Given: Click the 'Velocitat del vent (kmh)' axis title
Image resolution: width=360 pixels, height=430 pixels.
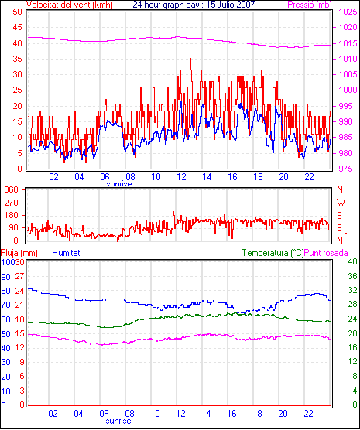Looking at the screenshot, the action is (70, 5).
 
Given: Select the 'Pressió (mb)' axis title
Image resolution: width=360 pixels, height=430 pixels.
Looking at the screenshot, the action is (310, 5).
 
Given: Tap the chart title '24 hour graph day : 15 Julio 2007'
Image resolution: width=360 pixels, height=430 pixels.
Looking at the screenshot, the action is (194, 5).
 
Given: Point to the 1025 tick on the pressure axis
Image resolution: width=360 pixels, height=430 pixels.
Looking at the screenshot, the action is (348, 12).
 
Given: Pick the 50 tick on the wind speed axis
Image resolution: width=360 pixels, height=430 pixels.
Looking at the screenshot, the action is (18, 12).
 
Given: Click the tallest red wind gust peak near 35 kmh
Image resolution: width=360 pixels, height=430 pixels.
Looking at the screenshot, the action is (190, 59).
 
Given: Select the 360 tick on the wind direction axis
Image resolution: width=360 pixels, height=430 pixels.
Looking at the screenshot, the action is (12, 189).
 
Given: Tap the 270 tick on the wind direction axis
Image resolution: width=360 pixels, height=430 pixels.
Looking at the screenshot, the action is (12, 203).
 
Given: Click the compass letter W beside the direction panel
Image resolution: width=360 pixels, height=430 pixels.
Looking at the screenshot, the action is (341, 203).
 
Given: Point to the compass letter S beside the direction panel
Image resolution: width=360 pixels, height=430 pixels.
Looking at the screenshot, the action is (340, 216).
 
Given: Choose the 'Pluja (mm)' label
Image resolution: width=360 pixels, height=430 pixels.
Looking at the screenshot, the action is (19, 253).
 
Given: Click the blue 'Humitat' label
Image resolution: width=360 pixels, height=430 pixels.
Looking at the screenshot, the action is (66, 253).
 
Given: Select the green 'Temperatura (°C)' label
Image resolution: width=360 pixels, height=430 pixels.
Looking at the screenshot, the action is (273, 253).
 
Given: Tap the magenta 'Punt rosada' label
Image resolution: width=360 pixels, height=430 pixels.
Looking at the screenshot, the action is (326, 253).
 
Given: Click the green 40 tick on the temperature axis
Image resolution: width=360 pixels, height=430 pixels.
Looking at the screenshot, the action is (352, 261).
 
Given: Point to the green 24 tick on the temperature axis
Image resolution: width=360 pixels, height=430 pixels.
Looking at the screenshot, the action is (352, 319).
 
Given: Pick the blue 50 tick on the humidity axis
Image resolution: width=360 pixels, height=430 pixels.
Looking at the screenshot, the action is (5, 334).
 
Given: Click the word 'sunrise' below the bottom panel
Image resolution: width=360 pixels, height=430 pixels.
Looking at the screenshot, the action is (118, 421).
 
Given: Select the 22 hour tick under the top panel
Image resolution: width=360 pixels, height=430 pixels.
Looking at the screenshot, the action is (309, 177).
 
